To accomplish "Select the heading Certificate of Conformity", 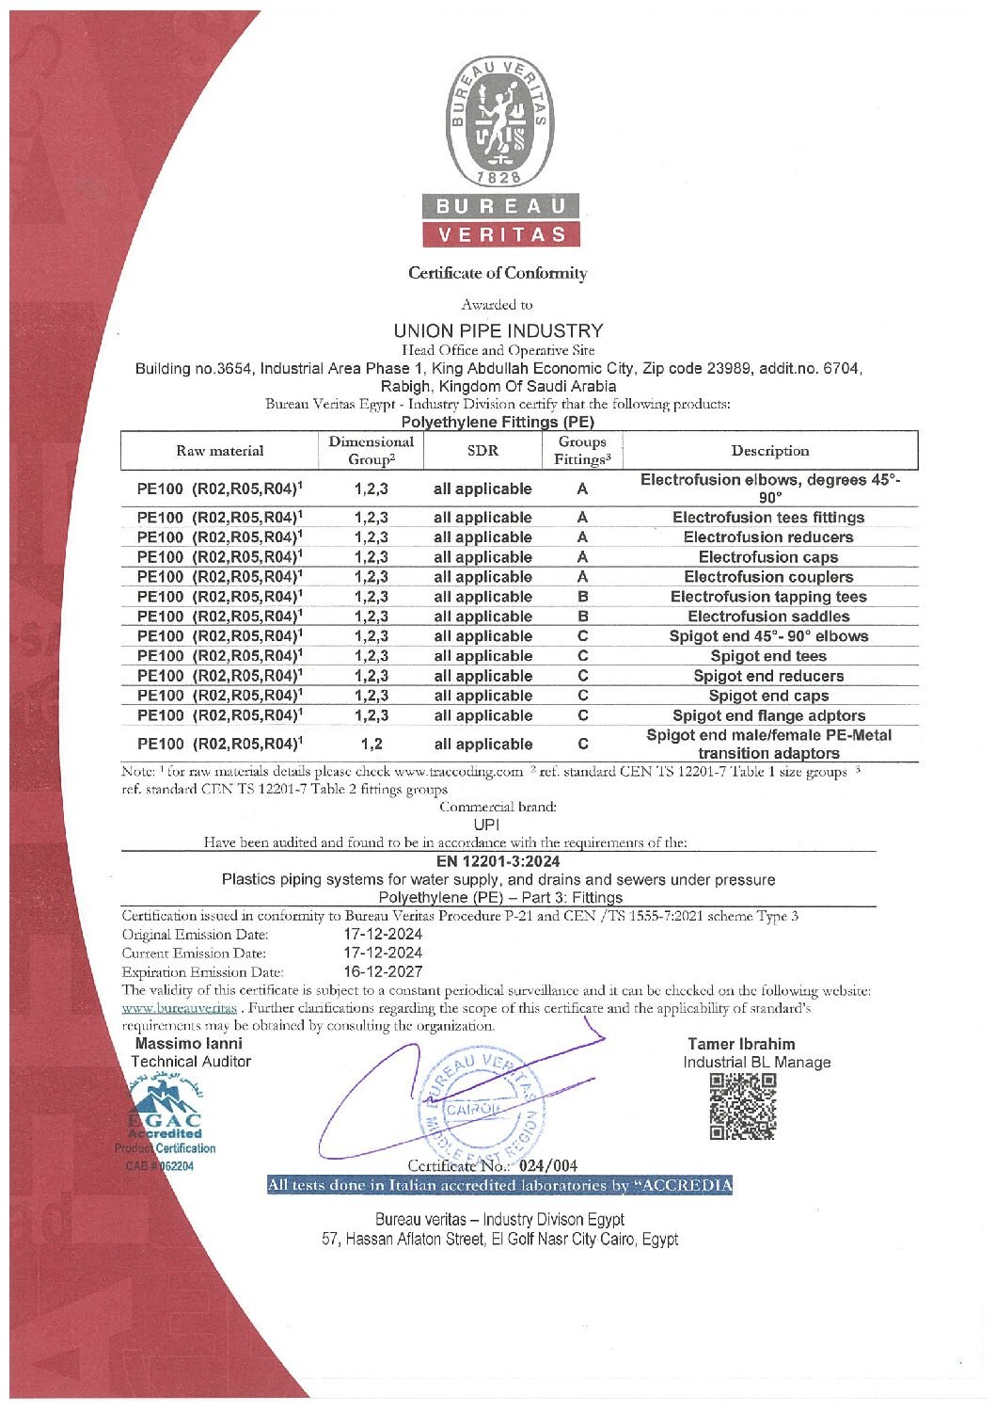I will coord(498,273).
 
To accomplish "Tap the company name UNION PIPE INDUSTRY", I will coord(498,330).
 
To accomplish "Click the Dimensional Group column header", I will coord(371,450).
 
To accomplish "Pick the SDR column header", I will coord(482,450).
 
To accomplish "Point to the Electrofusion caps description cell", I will coord(768,557).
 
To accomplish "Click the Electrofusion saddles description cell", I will coord(768,617).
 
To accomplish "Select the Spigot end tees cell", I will coord(768,656).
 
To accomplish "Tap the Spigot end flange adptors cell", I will coord(768,715).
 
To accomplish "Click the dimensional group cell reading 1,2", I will coord(371,744).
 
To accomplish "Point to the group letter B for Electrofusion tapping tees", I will coord(582,597).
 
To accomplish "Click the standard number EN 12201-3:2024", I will coord(498,861).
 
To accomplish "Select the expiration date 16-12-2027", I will coord(383,971).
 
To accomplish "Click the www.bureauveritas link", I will coord(179,1008).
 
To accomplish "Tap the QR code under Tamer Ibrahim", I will coord(742,1107).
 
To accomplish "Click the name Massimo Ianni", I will coord(189,1043).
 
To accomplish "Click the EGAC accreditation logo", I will coord(166,1121).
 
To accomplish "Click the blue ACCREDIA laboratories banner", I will coord(499,1185).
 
